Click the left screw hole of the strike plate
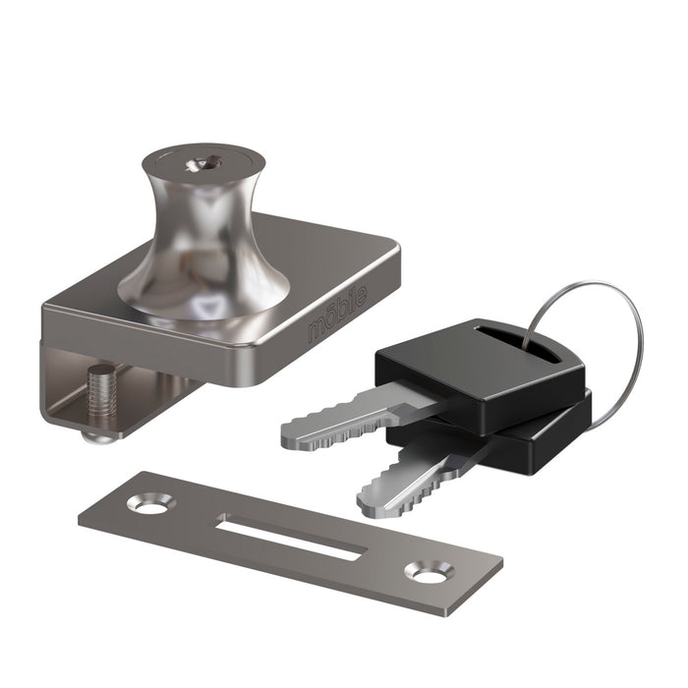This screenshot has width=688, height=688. [x=149, y=506]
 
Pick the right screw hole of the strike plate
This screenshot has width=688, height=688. [x=429, y=571]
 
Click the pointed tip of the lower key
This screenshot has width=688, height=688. [x=366, y=507]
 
